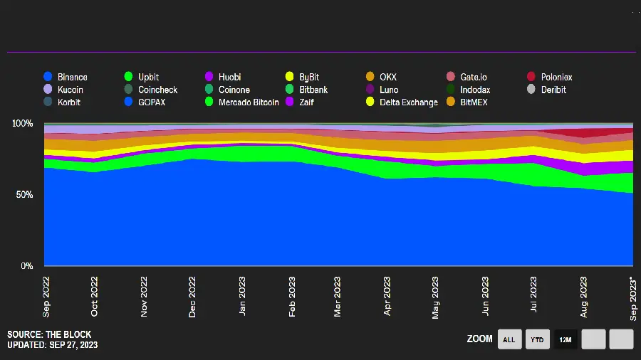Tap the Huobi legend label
pyautogui.click(x=229, y=77)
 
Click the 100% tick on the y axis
pyautogui.click(x=23, y=124)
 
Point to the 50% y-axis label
pyautogui.click(x=25, y=195)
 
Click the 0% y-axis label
pyautogui.click(x=27, y=266)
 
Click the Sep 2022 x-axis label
pyautogui.click(x=46, y=295)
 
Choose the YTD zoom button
pyautogui.click(x=538, y=339)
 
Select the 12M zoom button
pyautogui.click(x=566, y=339)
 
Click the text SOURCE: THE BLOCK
pyautogui.click(x=49, y=334)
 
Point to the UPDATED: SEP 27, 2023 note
pyautogui.click(x=53, y=345)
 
